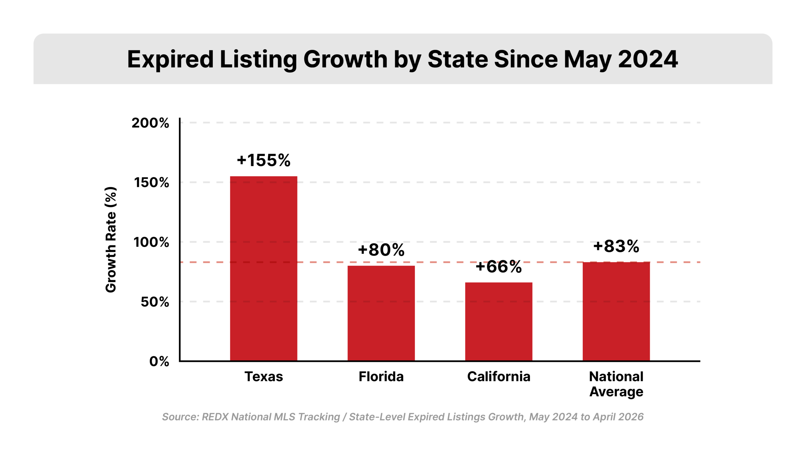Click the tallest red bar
click(264, 268)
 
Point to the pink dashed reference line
click(441, 262)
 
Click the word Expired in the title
click(170, 59)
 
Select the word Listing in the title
click(258, 59)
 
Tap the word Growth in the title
click(345, 59)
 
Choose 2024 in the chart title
click(648, 59)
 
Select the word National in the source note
click(251, 417)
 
